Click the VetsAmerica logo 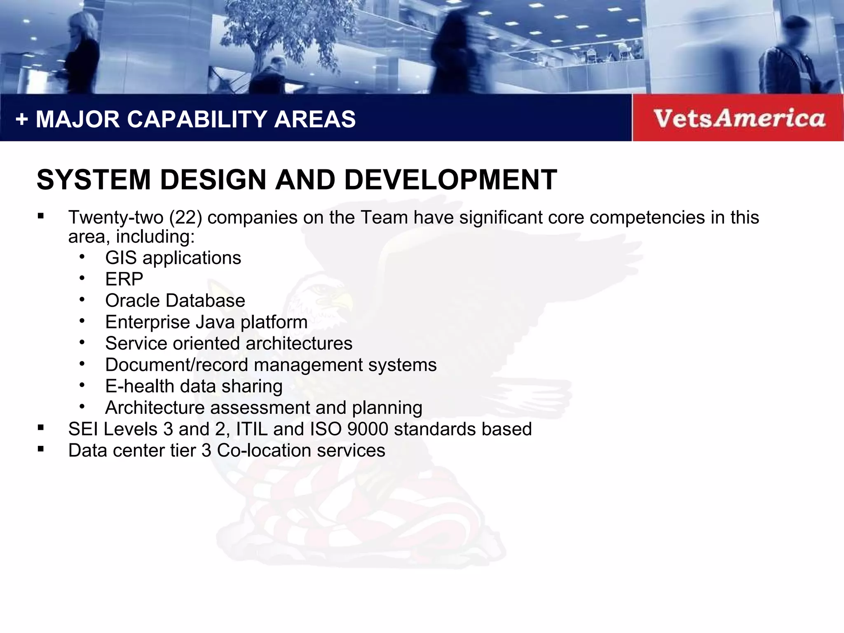(x=739, y=118)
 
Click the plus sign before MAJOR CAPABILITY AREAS (x=21, y=120)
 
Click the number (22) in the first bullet (x=185, y=218)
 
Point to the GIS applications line (x=173, y=258)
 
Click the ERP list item (x=124, y=279)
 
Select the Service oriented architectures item (x=229, y=344)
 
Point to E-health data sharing (x=194, y=387)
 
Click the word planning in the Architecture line (x=387, y=408)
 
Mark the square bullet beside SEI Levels (x=40, y=428)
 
